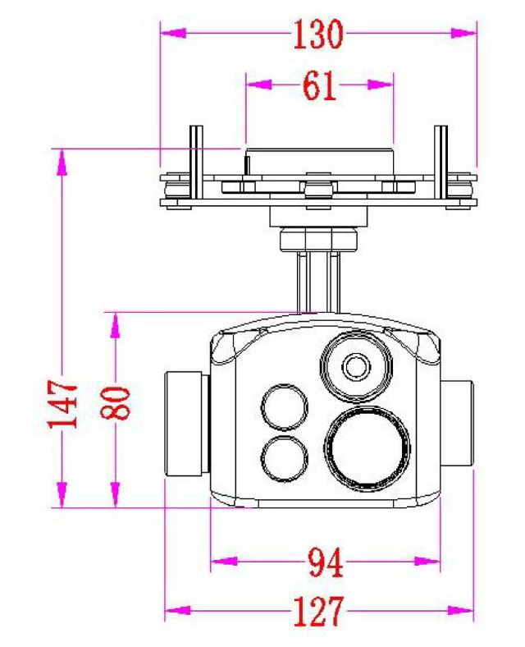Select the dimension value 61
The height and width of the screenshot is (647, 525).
pyautogui.click(x=319, y=85)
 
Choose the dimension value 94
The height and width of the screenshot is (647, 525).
pyautogui.click(x=325, y=562)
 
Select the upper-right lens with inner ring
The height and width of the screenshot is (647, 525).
pyautogui.click(x=355, y=365)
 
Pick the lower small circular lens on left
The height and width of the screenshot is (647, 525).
pyautogui.click(x=284, y=457)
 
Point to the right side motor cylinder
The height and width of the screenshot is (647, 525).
pyautogui.click(x=459, y=424)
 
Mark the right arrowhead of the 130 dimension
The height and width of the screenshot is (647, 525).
pyautogui.click(x=464, y=33)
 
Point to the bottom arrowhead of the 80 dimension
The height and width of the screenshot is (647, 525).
pyautogui.click(x=116, y=496)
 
